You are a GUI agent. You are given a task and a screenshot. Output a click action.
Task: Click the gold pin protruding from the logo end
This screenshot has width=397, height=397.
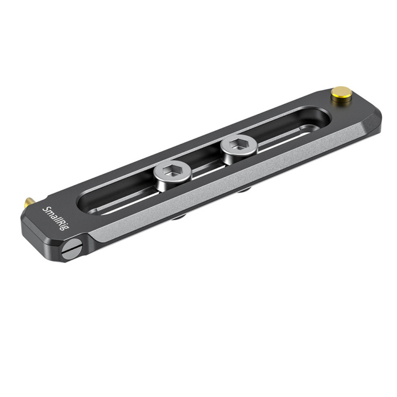click(29, 203)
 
